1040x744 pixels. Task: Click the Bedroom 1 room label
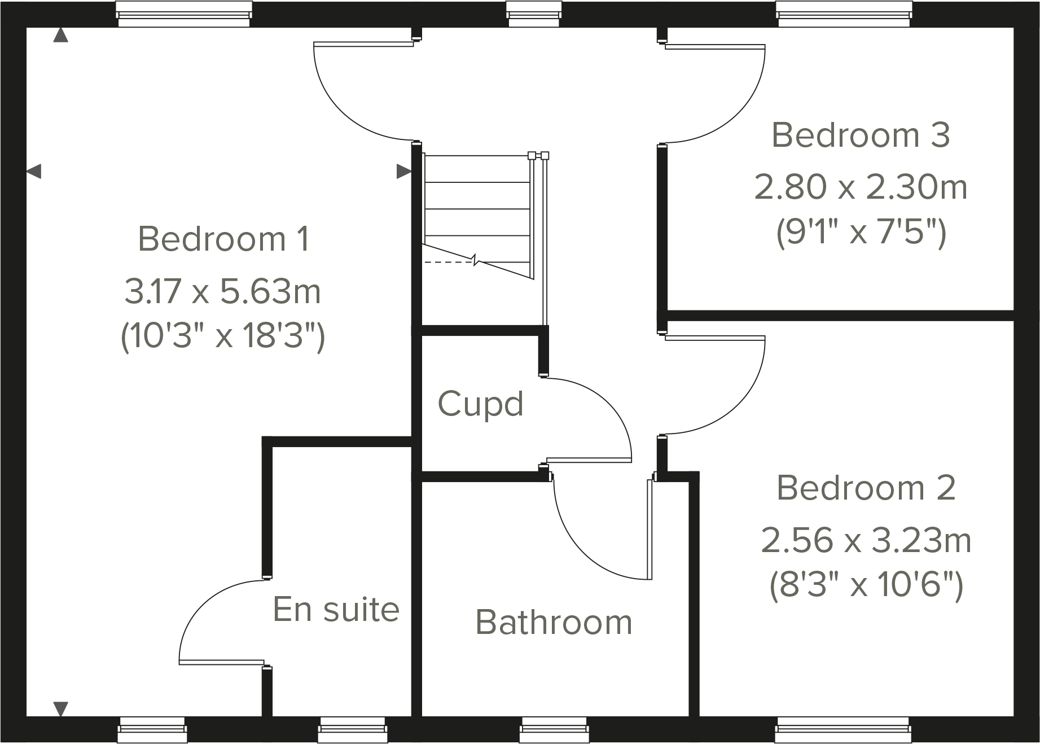(x=223, y=239)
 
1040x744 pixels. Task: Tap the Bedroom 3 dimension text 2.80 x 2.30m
(x=861, y=187)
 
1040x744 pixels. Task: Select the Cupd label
(x=481, y=404)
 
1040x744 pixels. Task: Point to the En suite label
(x=336, y=610)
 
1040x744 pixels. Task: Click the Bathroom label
(x=554, y=622)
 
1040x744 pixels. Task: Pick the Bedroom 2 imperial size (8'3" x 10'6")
(x=866, y=585)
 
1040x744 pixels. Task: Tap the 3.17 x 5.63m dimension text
(x=223, y=292)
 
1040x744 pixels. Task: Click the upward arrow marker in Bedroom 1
(x=60, y=36)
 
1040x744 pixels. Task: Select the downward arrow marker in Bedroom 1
(x=60, y=708)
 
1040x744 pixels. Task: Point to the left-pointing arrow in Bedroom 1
(x=34, y=170)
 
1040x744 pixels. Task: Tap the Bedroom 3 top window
(x=844, y=14)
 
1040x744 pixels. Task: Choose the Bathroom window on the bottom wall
(x=554, y=730)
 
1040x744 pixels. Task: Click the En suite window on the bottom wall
(x=352, y=730)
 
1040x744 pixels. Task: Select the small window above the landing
(x=533, y=14)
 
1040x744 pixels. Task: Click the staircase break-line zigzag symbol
(x=475, y=260)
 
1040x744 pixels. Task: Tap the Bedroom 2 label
(x=866, y=488)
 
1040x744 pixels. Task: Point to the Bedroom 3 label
(x=861, y=135)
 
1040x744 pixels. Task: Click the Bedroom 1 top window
(x=183, y=14)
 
